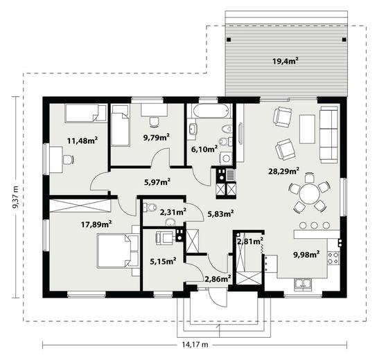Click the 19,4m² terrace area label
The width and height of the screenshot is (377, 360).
tap(286, 61)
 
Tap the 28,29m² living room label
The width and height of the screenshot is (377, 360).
tap(283, 171)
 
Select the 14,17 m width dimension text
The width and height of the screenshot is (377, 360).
tap(195, 345)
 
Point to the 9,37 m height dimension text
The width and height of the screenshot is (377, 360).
tap(15, 197)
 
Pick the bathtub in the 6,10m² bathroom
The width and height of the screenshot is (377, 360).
tap(210, 111)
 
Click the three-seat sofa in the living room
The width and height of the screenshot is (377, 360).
tap(328, 135)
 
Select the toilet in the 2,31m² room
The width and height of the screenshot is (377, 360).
tap(150, 207)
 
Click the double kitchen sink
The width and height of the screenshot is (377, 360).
tap(303, 283)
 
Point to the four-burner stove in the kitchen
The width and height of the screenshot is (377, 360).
tap(333, 258)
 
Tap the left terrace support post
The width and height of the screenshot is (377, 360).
tap(229, 39)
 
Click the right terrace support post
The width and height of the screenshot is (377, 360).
tap(344, 39)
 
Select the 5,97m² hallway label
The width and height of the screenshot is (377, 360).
tap(157, 182)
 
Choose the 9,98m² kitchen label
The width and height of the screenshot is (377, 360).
tap(306, 254)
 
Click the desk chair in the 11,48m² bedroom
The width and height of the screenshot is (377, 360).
tap(69, 160)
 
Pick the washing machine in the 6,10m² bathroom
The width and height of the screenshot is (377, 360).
tap(226, 158)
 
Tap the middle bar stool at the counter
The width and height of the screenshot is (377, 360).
tap(314, 225)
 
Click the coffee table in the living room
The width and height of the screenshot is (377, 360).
tap(307, 129)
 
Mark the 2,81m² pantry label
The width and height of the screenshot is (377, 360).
tap(250, 241)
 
